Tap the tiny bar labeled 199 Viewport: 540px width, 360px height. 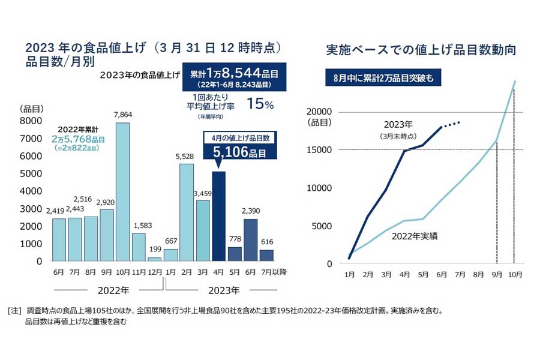[x=154, y=259]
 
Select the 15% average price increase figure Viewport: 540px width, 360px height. [x=261, y=104]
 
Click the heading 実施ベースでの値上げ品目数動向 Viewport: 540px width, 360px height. [x=420, y=50]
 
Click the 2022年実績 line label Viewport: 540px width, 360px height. [x=415, y=236]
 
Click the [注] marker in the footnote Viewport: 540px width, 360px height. [x=15, y=311]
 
